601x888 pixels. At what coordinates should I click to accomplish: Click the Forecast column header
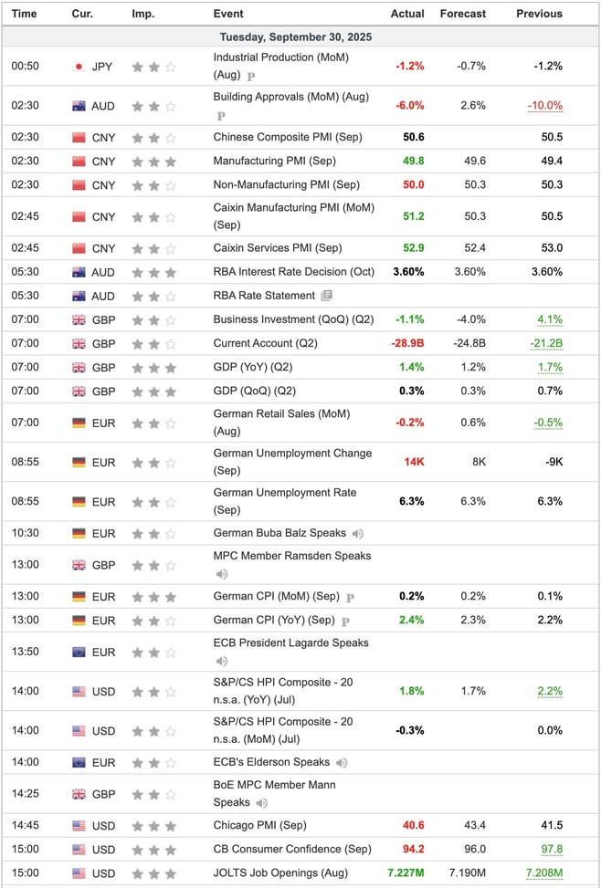[x=462, y=14]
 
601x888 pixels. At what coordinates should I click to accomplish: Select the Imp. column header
[x=142, y=14]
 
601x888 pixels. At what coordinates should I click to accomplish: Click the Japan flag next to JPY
[x=79, y=67]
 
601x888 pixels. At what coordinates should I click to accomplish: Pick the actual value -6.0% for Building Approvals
[x=409, y=106]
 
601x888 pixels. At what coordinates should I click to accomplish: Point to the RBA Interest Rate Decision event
[x=293, y=272]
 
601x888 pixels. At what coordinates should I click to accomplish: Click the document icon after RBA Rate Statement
[x=327, y=296]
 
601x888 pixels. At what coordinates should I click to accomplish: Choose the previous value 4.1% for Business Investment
[x=550, y=319]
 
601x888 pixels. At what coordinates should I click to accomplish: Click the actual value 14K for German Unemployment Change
[x=414, y=462]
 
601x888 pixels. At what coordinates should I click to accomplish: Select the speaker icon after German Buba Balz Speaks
[x=357, y=533]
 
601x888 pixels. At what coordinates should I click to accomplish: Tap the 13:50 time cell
[x=25, y=652]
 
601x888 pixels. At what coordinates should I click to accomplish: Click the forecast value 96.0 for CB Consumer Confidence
[x=473, y=850]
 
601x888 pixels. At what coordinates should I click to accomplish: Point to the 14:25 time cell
[x=25, y=794]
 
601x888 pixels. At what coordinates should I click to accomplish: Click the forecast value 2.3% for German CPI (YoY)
[x=472, y=621]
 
